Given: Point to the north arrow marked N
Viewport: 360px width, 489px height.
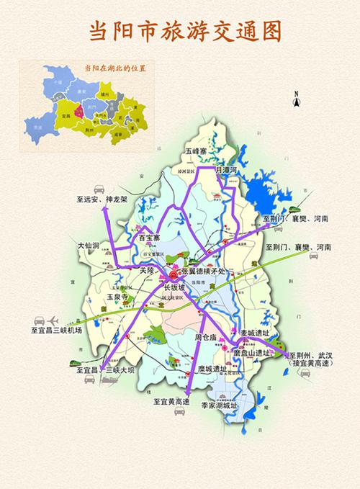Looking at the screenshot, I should click(x=296, y=102).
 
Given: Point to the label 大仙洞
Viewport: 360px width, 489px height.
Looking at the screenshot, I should click(x=89, y=246).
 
